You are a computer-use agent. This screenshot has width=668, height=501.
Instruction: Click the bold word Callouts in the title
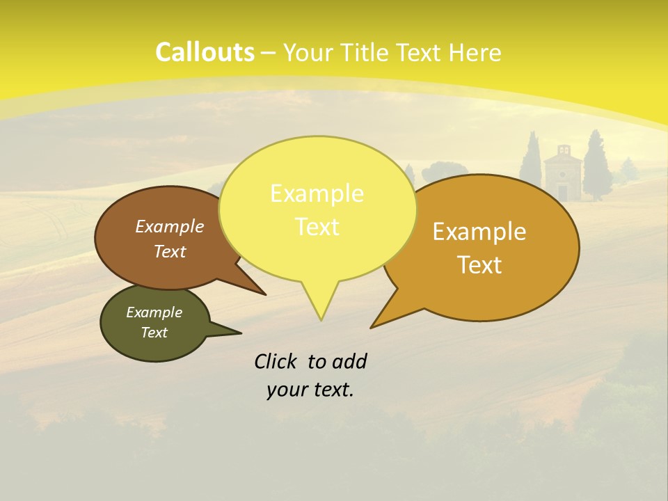(205, 52)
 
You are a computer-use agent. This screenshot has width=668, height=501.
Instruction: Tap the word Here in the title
(475, 52)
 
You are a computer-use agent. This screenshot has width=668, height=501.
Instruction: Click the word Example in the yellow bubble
(317, 193)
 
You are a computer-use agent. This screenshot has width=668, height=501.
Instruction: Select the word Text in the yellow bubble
(317, 227)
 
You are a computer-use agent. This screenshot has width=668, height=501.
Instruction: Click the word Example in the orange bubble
(479, 232)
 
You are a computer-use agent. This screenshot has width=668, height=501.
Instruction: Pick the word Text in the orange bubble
(479, 265)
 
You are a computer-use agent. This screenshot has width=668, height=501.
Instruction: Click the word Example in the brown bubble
(169, 227)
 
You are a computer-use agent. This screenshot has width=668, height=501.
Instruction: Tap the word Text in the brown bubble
(169, 252)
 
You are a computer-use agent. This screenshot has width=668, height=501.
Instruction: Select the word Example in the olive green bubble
(154, 312)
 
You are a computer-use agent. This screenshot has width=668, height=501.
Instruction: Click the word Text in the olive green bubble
(154, 333)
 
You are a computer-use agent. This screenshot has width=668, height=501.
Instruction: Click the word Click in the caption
(276, 362)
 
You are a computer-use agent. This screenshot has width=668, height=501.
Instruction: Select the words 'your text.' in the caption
(310, 390)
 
